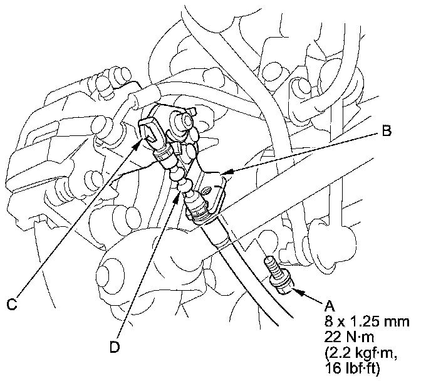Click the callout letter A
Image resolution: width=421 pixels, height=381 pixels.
pyautogui.click(x=329, y=307)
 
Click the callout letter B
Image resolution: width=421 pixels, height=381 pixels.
pyautogui.click(x=387, y=132)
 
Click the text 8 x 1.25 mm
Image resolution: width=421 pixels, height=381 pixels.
pyautogui.click(x=367, y=321)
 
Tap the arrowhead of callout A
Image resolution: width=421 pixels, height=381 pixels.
pyautogui.click(x=294, y=290)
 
